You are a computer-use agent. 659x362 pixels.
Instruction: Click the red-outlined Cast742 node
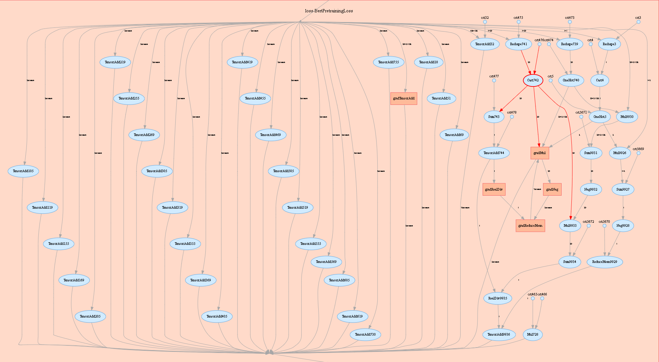coord(533,80)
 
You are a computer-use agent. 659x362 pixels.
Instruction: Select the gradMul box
coord(540,153)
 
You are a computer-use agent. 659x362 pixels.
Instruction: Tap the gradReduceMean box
coord(530,226)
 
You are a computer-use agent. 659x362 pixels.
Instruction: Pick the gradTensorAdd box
coord(404,98)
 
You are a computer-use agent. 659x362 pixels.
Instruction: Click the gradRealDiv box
coord(494,189)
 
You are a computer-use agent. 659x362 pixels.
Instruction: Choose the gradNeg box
coord(552,189)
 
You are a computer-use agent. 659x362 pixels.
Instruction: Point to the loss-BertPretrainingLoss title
coord(329,11)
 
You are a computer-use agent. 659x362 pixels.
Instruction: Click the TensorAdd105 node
coord(23,171)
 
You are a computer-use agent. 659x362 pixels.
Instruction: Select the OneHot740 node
coord(571,80)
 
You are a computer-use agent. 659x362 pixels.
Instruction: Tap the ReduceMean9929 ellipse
coord(604,262)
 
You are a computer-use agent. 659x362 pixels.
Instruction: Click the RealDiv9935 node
coord(498,298)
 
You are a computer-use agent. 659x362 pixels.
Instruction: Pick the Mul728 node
coord(533,335)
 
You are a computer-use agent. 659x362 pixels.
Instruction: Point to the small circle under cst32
coord(485,22)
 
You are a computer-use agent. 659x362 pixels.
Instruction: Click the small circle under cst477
coord(494,81)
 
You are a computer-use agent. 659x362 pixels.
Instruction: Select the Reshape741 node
coord(519,44)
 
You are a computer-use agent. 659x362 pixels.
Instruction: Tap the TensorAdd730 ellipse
coord(365,335)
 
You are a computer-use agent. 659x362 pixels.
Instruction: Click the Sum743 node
coord(494,117)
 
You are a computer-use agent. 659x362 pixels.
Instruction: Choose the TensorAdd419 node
coord(242,62)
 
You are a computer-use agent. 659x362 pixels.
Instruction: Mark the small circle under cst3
coord(638,22)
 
